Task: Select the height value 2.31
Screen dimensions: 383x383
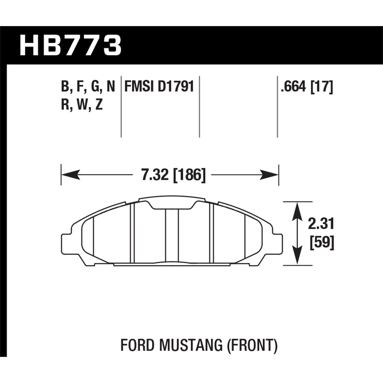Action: click(321, 224)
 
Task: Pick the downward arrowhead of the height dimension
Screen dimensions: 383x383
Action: click(297, 257)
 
